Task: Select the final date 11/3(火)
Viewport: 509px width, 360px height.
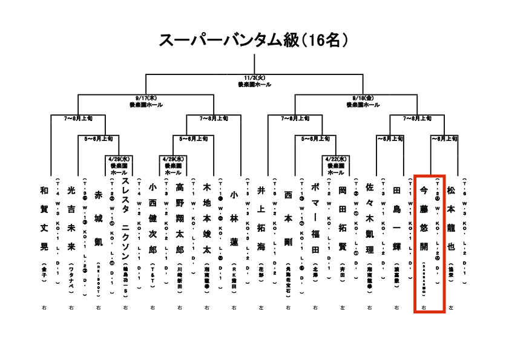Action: [x=254, y=78]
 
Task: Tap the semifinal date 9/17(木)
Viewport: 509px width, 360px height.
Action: [x=145, y=98]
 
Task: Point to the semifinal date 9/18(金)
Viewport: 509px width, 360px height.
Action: [x=363, y=98]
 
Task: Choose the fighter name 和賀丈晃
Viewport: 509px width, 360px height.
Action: [x=44, y=215]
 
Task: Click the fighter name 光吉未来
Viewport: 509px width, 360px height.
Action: [x=71, y=215]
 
